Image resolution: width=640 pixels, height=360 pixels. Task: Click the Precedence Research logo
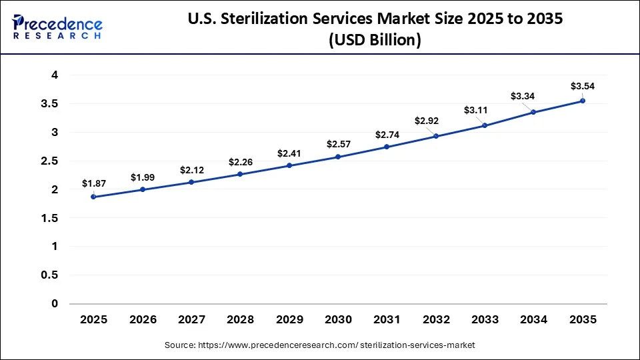point(57,27)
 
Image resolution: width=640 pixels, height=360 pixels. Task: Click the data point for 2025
point(93,197)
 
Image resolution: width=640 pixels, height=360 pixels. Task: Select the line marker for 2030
point(338,157)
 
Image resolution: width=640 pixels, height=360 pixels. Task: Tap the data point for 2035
point(583,101)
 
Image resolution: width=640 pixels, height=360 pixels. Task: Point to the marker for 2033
point(485,125)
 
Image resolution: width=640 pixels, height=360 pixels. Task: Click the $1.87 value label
point(93,183)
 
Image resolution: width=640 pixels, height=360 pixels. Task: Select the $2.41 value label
point(289,153)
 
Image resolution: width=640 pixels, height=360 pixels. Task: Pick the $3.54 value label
point(582,86)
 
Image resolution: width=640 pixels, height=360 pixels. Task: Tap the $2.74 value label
point(387,135)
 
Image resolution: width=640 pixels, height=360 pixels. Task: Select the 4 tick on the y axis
point(55,75)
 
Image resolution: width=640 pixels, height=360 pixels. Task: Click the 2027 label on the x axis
point(191,320)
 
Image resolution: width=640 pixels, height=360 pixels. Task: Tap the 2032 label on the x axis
point(436,320)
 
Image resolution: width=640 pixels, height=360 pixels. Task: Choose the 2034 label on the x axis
point(533,320)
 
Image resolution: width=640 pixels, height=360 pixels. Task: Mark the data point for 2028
point(240,174)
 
